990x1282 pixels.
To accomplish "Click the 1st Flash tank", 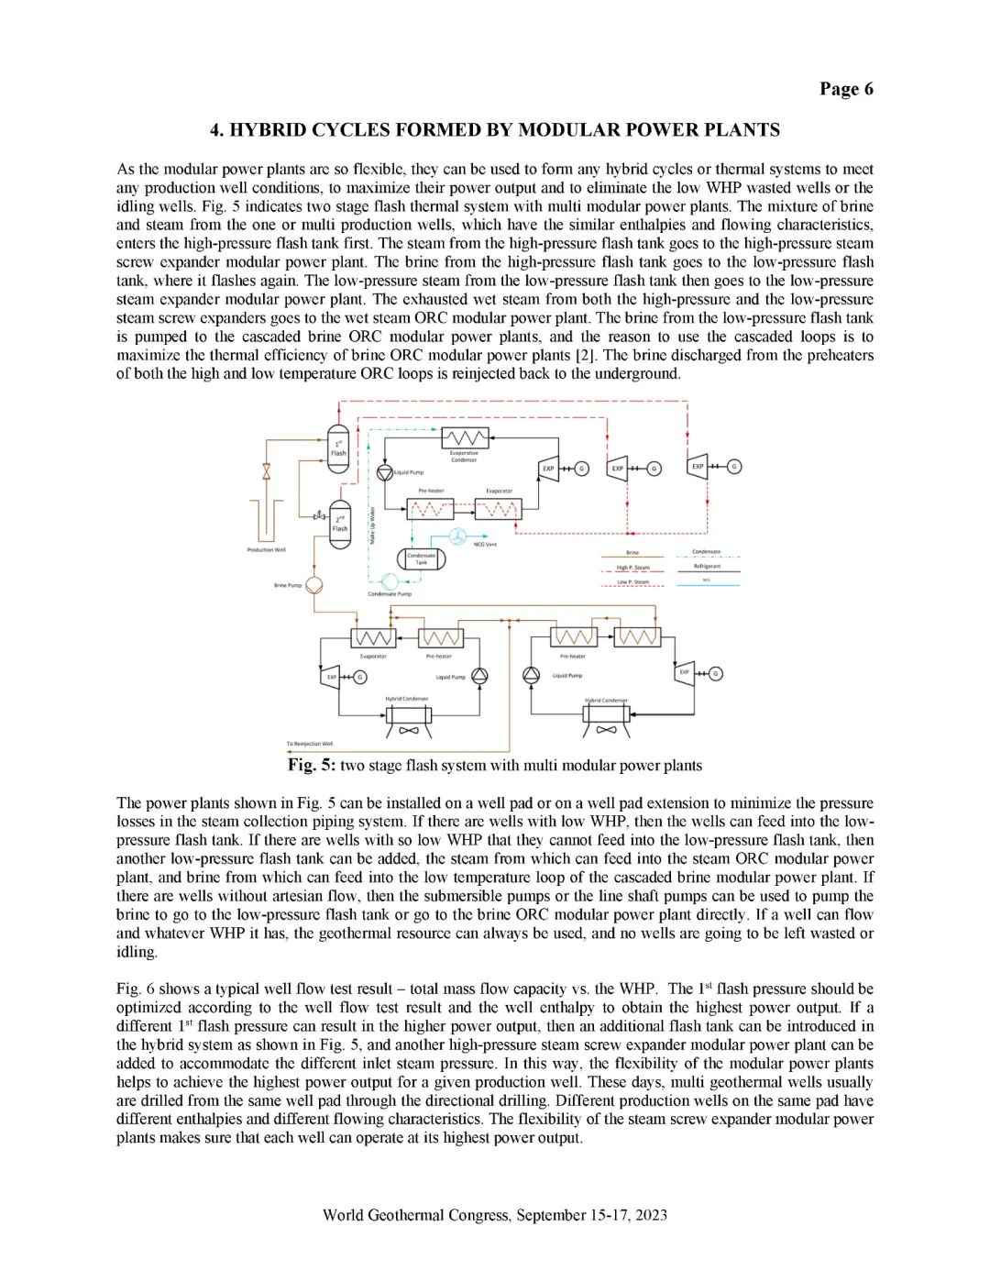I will click(x=338, y=448).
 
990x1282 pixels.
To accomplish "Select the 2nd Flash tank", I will click(x=339, y=524).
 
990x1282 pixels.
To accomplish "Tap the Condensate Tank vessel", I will click(x=421, y=558).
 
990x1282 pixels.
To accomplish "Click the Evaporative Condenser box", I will click(x=465, y=437).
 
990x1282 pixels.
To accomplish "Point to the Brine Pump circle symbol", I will click(x=313, y=584).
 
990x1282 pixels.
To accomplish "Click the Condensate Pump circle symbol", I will click(x=390, y=580).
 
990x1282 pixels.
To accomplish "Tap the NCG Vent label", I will click(x=485, y=545).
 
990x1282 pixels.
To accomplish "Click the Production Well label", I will click(x=266, y=550).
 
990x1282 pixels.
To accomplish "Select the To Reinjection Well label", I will click(x=310, y=744).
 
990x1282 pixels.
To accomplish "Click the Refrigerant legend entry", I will click(x=707, y=567).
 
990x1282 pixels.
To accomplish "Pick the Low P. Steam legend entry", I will click(x=632, y=581).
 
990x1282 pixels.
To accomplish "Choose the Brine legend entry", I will click(x=632, y=553).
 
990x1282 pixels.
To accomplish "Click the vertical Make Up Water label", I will click(x=372, y=525).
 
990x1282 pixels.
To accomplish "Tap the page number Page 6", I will click(x=846, y=89).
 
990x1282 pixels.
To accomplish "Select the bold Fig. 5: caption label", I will click(x=312, y=766).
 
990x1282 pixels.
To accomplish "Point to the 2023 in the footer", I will click(x=651, y=1215).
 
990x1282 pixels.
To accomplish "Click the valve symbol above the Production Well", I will click(x=267, y=471).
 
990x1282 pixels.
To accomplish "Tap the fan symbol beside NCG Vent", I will click(x=456, y=536).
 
